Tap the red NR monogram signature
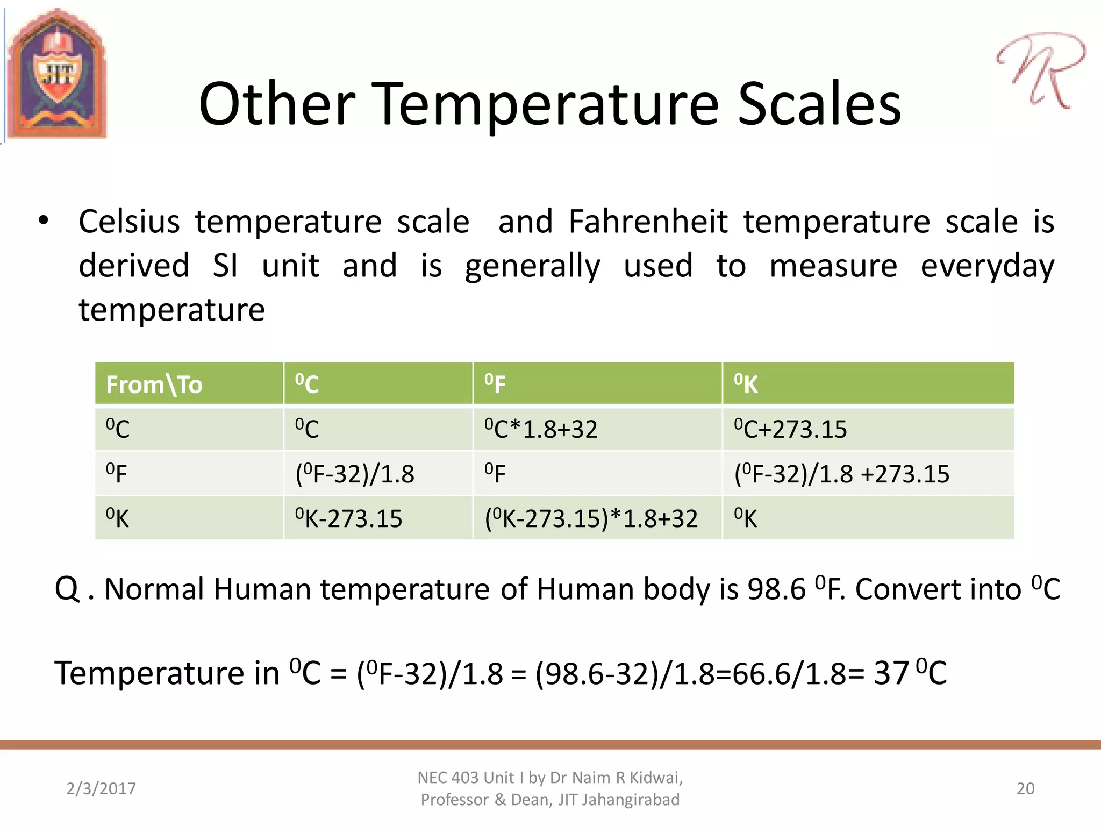pyautogui.click(x=1040, y=70)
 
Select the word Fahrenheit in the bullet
pyautogui.click(x=648, y=222)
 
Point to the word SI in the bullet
pyautogui.click(x=225, y=266)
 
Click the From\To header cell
pyautogui.click(x=154, y=384)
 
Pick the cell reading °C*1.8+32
pyautogui.click(x=541, y=429)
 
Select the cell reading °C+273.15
pyautogui.click(x=790, y=429)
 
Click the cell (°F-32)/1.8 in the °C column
pyautogui.click(x=355, y=474)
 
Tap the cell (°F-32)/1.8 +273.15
pyautogui.click(x=842, y=474)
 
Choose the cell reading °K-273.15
pyautogui.click(x=348, y=518)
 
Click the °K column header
pyautogui.click(x=746, y=384)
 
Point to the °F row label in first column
pyautogui.click(x=117, y=474)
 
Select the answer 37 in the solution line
pyautogui.click(x=891, y=673)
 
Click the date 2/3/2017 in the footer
pyautogui.click(x=101, y=788)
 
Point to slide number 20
pyautogui.click(x=1025, y=788)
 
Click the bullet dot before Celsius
pyautogui.click(x=44, y=220)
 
